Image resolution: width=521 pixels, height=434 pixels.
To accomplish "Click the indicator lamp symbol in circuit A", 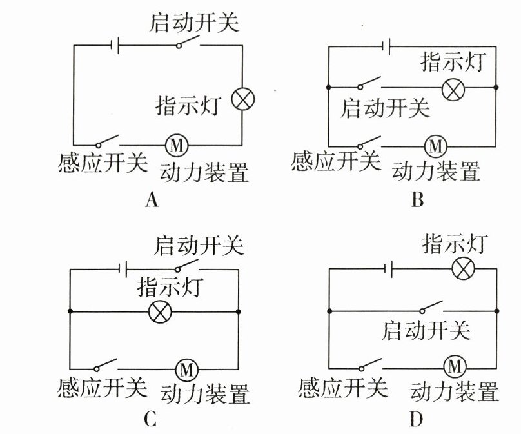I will tap(243, 99).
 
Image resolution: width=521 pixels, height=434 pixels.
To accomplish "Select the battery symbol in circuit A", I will tap(115, 46).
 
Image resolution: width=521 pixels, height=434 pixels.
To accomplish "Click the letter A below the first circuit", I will tap(152, 201).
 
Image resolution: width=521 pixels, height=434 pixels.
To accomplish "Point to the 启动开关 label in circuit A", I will tap(193, 24).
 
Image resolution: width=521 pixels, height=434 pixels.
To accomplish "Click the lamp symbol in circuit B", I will tap(454, 86).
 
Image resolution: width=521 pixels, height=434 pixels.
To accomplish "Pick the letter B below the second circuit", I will tap(417, 201).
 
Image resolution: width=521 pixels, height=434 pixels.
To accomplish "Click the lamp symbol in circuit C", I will tap(159, 312).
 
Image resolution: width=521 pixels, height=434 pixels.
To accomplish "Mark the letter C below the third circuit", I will tap(150, 420).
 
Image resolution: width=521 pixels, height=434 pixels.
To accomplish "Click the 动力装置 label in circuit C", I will tap(205, 392).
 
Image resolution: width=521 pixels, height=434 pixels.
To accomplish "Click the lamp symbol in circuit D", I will tap(462, 268).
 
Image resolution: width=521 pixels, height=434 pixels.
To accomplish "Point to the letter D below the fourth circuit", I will tap(416, 420).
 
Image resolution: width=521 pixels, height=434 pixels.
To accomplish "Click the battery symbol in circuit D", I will tap(388, 268).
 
